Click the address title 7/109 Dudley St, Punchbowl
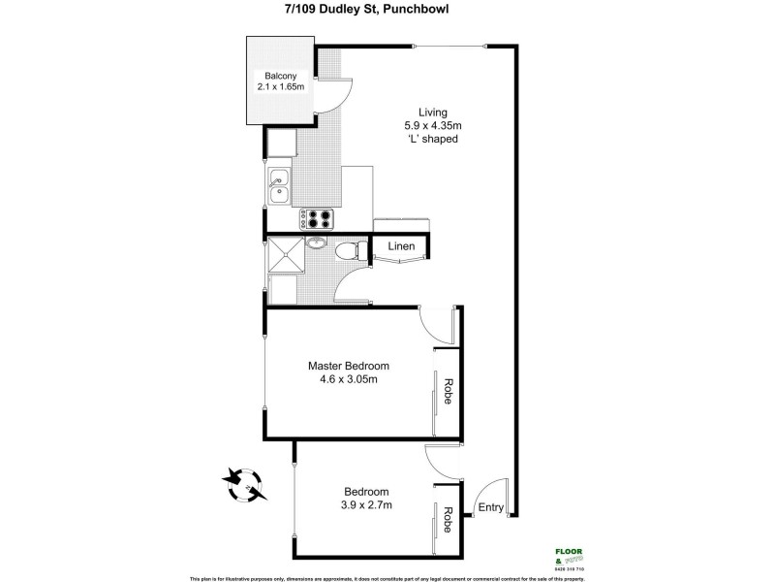(387, 10)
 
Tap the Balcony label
(281, 77)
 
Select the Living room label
(431, 111)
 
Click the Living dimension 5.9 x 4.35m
(431, 125)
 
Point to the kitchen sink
(278, 184)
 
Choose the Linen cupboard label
(401, 246)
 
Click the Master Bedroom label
(349, 366)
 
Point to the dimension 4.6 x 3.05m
(349, 379)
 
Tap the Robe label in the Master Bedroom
(449, 390)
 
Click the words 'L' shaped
(431, 139)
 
